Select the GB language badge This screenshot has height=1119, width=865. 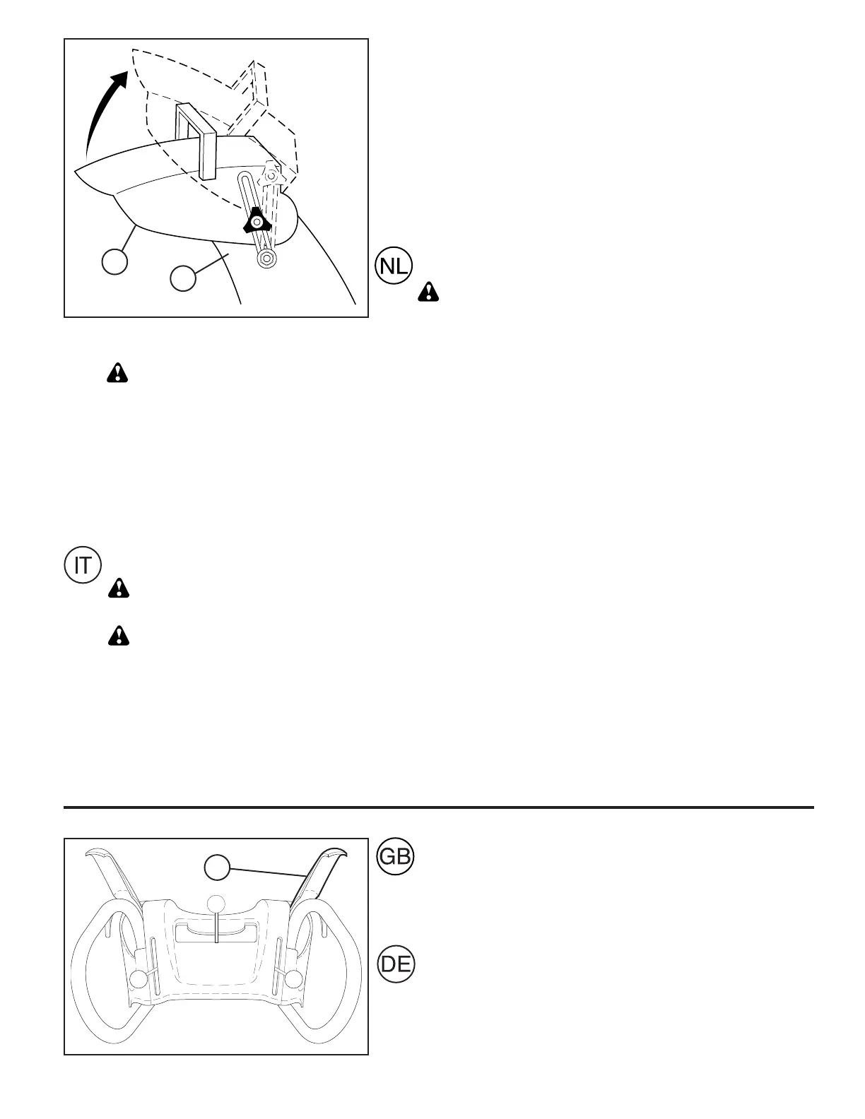tap(395, 856)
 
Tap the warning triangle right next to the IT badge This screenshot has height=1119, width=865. tap(119, 588)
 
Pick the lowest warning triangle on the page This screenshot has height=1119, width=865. tap(119, 636)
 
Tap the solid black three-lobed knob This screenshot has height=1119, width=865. tap(257, 223)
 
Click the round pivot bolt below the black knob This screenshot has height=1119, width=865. tap(266, 259)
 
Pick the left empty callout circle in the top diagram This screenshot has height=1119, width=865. tap(115, 262)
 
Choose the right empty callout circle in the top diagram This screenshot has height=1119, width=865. tap(183, 277)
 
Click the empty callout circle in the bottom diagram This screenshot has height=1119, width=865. tap(217, 867)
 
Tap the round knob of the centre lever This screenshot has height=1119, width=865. tap(217, 904)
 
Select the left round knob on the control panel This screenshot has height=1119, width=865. tap(141, 978)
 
